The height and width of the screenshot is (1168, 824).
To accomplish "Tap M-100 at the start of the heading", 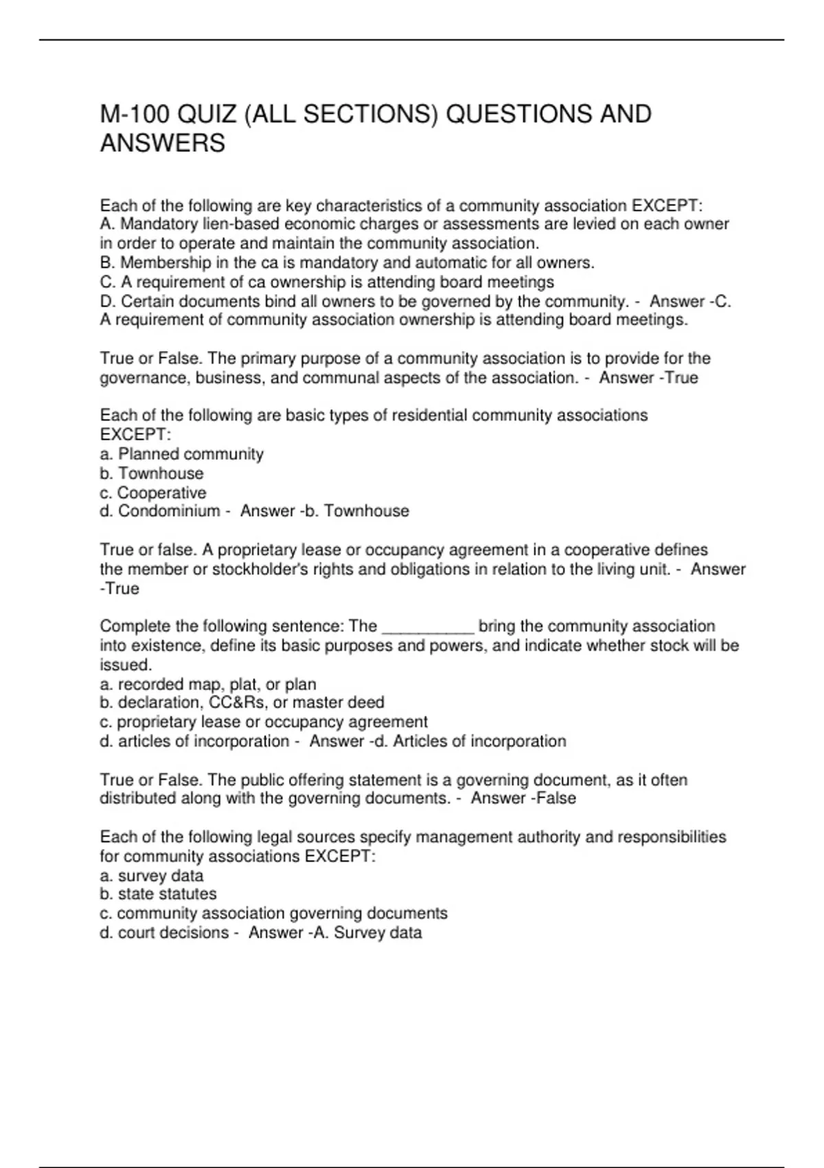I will tap(135, 114).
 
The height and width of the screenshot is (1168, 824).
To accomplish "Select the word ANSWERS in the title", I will tap(163, 144).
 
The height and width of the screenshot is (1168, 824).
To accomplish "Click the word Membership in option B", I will tap(156, 262).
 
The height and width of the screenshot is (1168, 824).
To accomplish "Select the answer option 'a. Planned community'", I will tap(182, 454).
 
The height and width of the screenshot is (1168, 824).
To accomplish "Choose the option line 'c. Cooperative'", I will tap(153, 493).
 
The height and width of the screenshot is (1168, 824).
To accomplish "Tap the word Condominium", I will tap(169, 511).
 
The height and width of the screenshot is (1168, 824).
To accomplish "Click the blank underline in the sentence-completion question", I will tap(427, 627).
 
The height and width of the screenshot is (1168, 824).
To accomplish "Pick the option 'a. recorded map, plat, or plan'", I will tap(208, 684).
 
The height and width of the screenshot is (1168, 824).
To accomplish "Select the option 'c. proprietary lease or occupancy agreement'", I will tap(264, 721).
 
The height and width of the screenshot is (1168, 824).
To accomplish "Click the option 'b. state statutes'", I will tap(158, 894).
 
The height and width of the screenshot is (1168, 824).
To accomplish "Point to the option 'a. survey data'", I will tap(152, 876).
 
